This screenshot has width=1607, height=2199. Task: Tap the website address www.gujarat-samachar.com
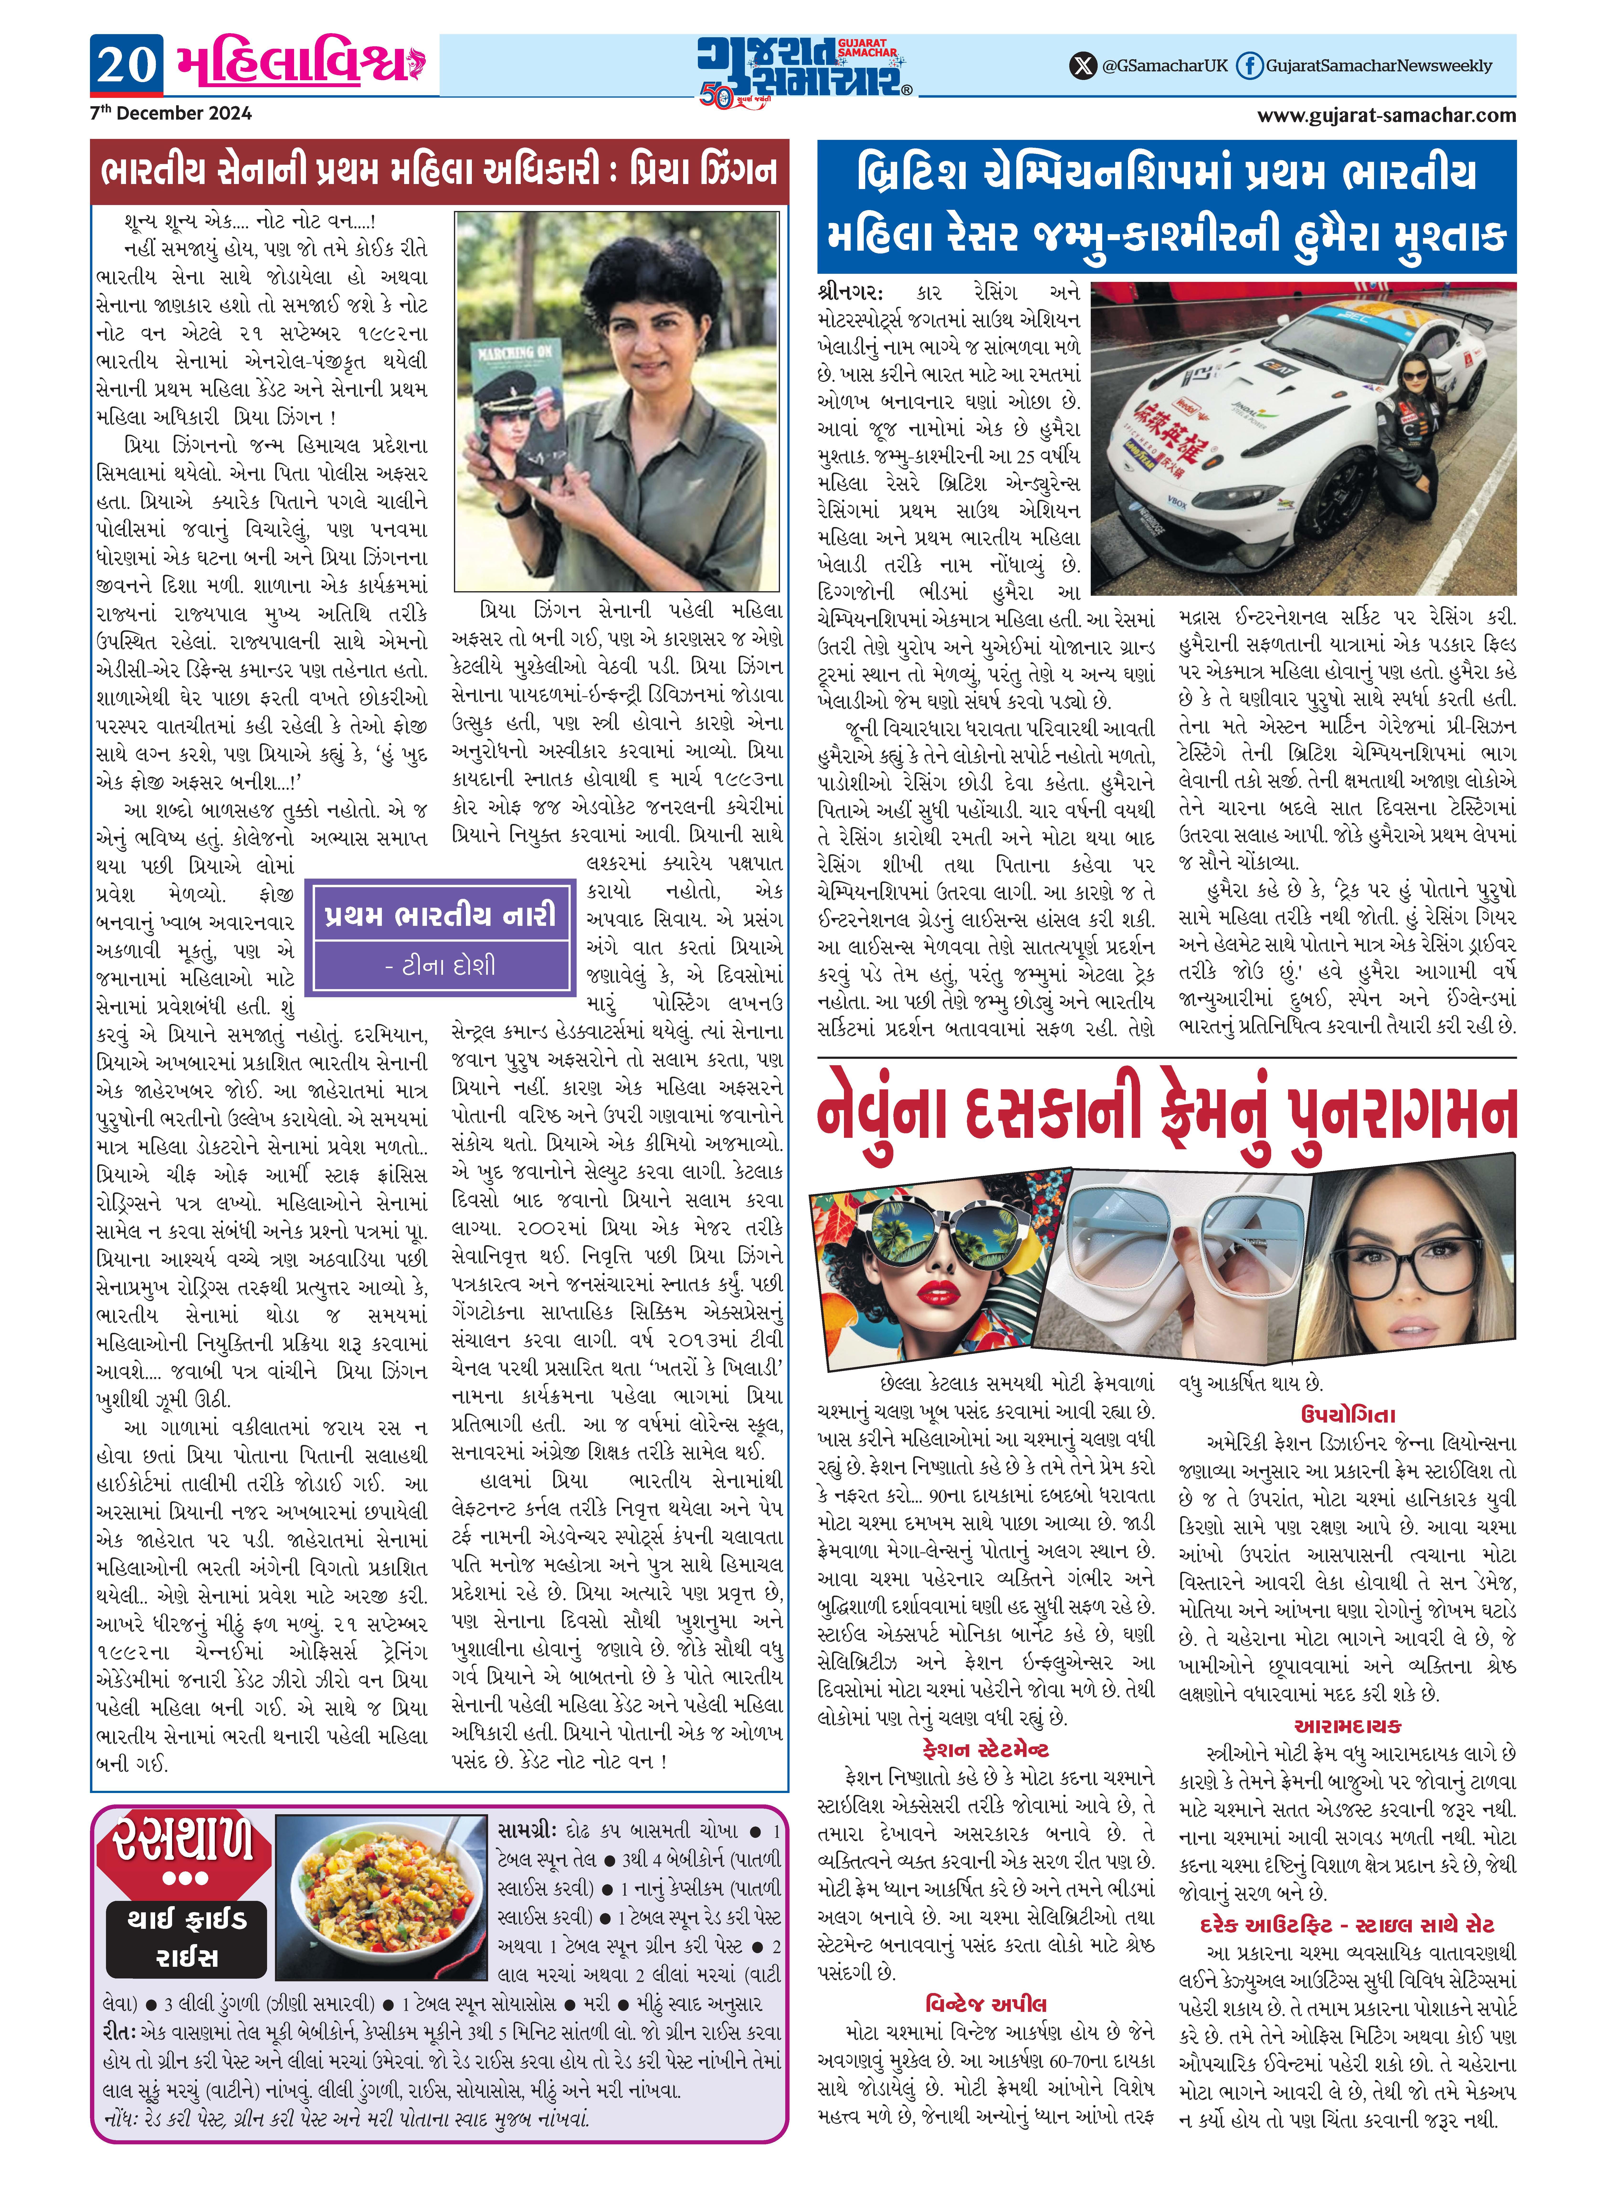point(1386,116)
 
